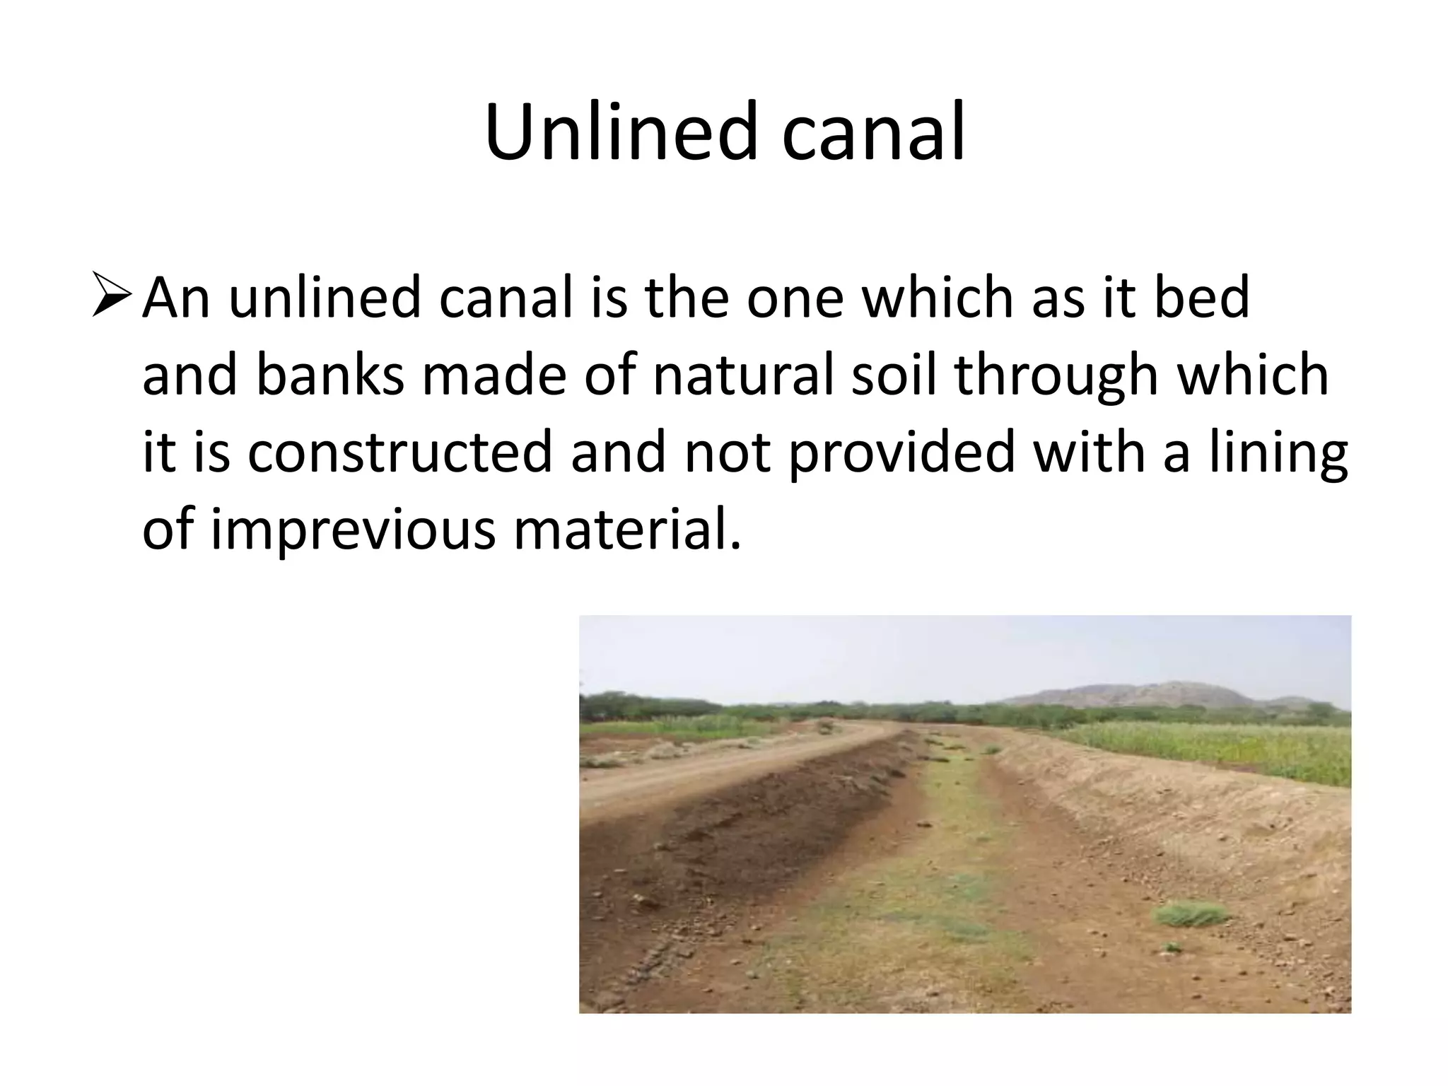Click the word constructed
(x=399, y=452)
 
